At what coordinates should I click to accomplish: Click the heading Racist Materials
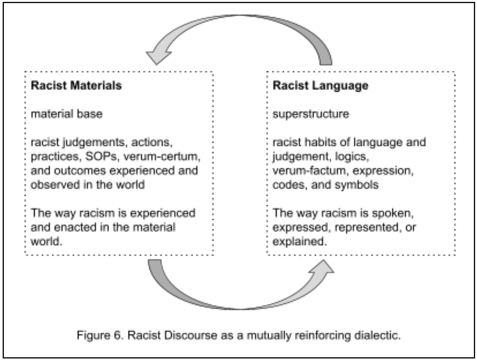(76, 85)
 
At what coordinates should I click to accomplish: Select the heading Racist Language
(320, 85)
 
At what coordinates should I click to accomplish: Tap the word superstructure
(311, 114)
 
